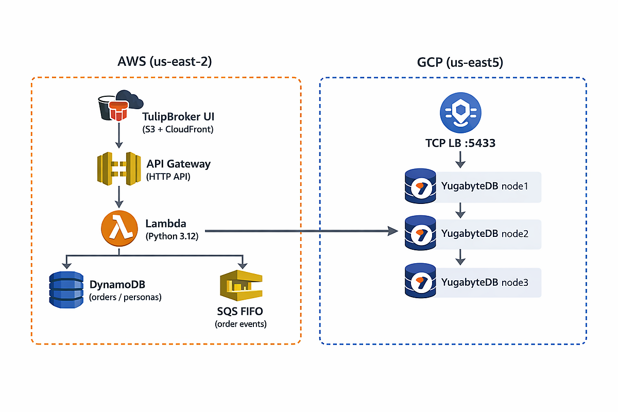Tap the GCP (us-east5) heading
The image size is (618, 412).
[460, 62]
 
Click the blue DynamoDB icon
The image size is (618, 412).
[65, 289]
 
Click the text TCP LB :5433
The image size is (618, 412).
[460, 143]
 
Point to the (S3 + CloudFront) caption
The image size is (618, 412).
[178, 129]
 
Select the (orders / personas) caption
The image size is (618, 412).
[126, 297]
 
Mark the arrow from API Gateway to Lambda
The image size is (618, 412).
[119, 197]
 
